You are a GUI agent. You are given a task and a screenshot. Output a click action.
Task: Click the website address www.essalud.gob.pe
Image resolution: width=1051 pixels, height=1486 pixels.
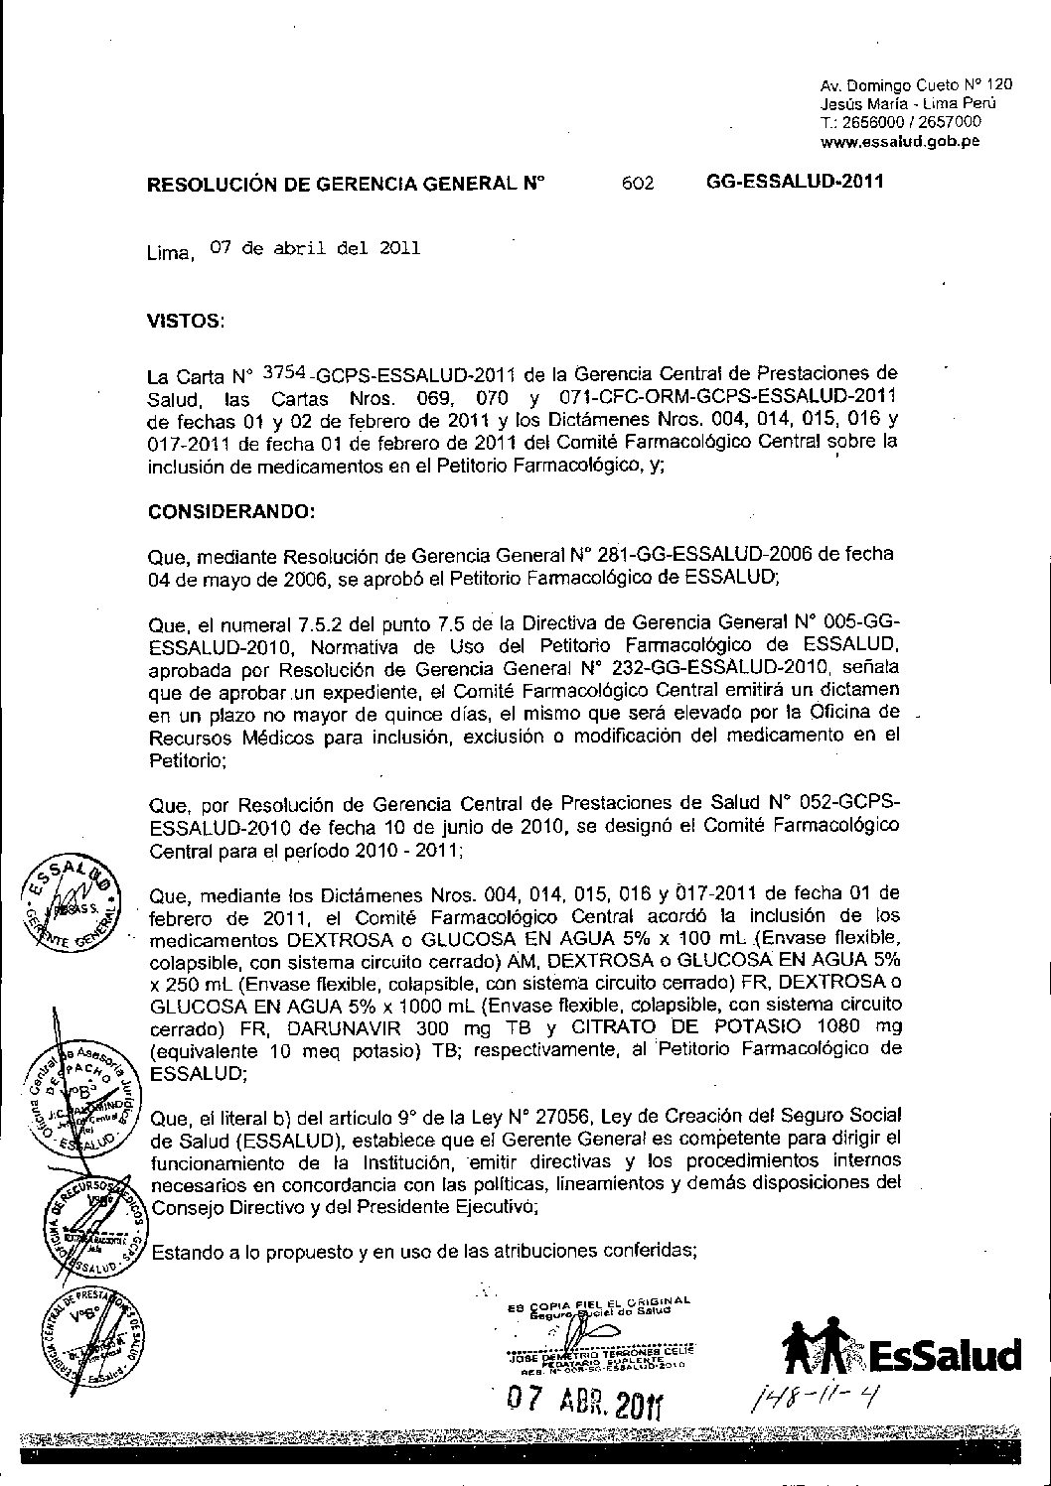click(x=901, y=141)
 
